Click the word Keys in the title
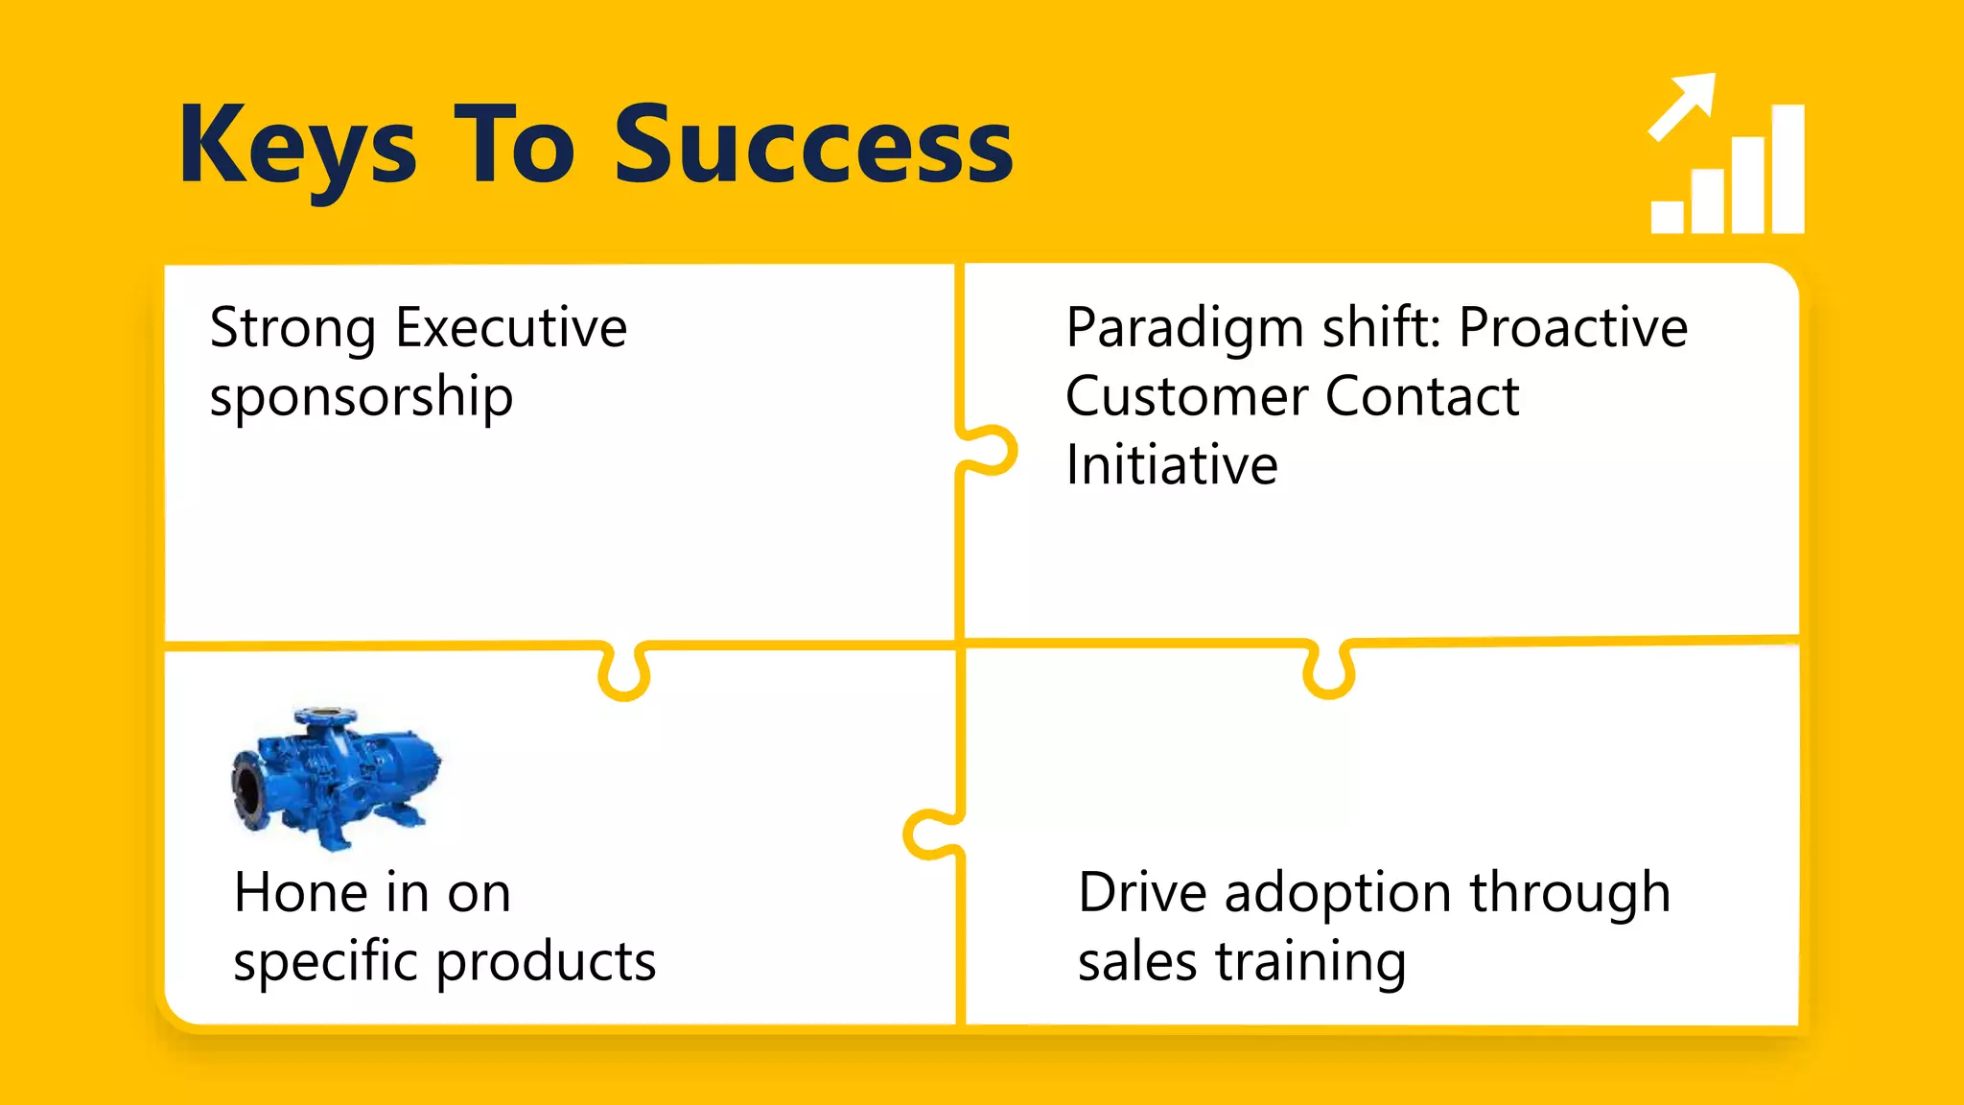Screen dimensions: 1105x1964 pos(297,146)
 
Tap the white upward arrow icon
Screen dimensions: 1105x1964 pos(1682,106)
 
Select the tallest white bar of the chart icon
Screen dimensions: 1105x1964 pos(1788,169)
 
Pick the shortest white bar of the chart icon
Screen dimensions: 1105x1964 pos(1667,217)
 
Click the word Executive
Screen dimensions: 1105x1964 pos(511,328)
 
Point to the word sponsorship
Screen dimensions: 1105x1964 pos(362,397)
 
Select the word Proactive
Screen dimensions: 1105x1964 pos(1573,328)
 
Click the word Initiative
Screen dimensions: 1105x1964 pos(1172,466)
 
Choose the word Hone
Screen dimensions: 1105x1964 pos(301,893)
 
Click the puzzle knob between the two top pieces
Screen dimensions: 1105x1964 pos(993,451)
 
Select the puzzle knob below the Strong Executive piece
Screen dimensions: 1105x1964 pos(624,673)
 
